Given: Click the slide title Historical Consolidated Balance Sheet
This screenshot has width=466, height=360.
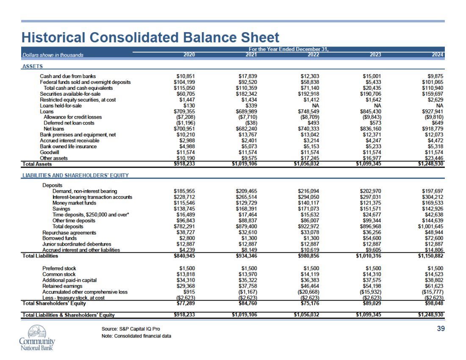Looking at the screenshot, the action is (x=150, y=37).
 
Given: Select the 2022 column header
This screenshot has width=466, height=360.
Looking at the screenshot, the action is (x=313, y=55).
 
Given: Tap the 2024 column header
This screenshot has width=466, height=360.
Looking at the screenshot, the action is (x=438, y=55).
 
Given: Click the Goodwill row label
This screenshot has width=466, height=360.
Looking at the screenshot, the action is (x=49, y=152).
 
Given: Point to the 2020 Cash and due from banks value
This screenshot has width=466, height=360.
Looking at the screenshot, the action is (x=186, y=76).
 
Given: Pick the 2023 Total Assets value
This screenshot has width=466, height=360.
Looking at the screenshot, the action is (x=369, y=163).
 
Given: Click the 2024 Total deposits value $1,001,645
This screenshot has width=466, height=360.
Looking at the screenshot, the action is (x=431, y=226).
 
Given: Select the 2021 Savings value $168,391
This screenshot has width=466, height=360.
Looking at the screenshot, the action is (x=247, y=209).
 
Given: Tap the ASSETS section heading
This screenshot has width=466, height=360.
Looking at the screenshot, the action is (x=33, y=66).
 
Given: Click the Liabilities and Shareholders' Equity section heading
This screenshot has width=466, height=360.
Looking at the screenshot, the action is (x=75, y=175).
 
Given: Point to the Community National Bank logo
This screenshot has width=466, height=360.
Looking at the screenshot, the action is (x=37, y=338).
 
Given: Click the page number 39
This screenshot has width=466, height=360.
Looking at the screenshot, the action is (x=441, y=329).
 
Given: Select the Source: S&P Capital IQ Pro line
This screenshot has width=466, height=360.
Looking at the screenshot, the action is (x=131, y=329).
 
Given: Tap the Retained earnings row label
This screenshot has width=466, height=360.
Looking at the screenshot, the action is (x=62, y=286).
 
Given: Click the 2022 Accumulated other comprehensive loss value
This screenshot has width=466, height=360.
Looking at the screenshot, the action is (x=308, y=292).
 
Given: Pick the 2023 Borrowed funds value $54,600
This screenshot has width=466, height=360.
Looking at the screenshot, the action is (x=372, y=238).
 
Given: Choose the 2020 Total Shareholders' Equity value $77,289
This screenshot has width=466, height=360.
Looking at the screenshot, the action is (x=186, y=303).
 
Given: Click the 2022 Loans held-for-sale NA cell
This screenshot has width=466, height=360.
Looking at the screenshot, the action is (x=316, y=106).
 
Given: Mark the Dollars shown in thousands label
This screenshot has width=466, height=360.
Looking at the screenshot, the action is (x=53, y=55).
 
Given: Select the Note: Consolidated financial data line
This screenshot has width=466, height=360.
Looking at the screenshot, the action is (x=136, y=336).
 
